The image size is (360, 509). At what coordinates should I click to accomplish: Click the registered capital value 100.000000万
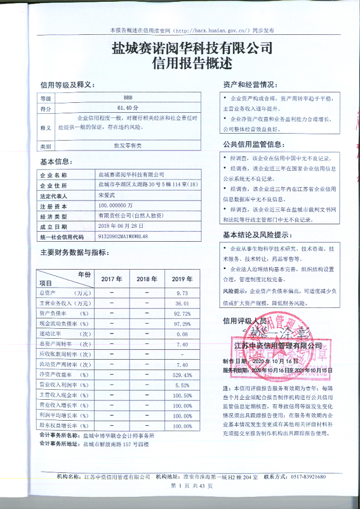pos(117,206)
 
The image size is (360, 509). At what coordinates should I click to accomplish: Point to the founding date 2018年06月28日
pos(120,227)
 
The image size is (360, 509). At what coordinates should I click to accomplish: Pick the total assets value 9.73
pos(182,293)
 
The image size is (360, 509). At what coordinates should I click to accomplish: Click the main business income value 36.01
pos(182,303)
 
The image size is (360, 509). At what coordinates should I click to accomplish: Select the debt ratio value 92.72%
pos(182,314)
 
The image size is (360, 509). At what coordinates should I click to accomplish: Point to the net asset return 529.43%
pos(182,375)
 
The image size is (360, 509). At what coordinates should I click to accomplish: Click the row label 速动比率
pos(52,334)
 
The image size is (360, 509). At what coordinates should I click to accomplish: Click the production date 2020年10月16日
pos(274,360)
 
